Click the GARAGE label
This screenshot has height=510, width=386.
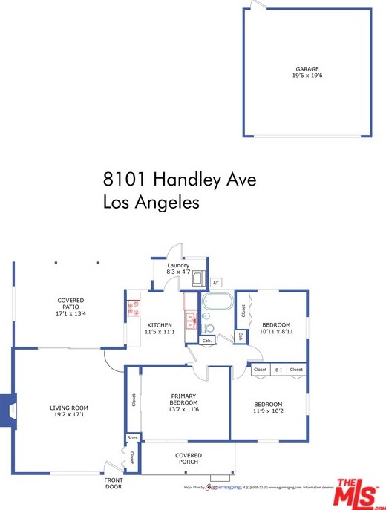[307, 69]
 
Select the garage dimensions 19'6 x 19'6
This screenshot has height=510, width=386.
[307, 76]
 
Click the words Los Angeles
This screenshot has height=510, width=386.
[151, 202]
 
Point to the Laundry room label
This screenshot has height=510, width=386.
[178, 265]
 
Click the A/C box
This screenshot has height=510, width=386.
[216, 283]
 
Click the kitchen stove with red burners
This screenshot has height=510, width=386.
[134, 307]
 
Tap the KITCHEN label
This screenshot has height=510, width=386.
[160, 325]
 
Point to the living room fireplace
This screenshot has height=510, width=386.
[8, 411]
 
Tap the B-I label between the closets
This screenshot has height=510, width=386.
[278, 370]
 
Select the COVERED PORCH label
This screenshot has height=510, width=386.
[188, 459]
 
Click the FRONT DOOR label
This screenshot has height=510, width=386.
[114, 483]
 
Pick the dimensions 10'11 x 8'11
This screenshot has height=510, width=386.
[277, 332]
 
